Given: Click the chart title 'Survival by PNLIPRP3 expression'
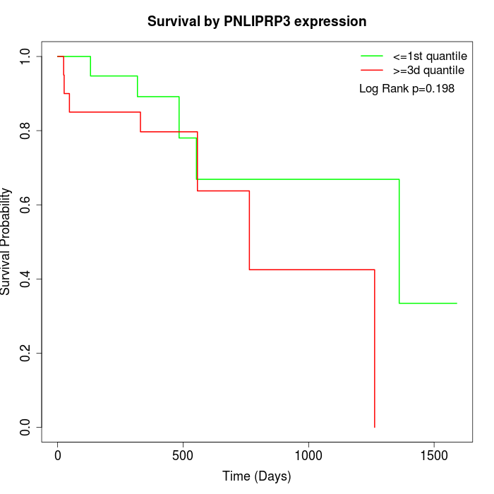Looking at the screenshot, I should coord(257,21).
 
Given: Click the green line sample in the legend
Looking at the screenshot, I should coord(372,56).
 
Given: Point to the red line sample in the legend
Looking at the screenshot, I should coord(372,70).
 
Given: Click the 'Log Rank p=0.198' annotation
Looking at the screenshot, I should coord(406,89).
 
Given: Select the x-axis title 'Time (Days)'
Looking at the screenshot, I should coord(257,476).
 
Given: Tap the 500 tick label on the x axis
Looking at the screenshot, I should coord(183,456).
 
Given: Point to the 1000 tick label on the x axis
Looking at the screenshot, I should coord(308,456).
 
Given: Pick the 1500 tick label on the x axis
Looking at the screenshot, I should coord(434,456).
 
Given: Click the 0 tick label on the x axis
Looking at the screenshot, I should coord(58,456).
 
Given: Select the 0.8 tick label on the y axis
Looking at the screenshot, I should coord(26,131).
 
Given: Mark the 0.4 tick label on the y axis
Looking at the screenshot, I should coord(26,279).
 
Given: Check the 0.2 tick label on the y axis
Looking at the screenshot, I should coord(26,353).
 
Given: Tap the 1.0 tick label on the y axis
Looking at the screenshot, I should coord(26,56).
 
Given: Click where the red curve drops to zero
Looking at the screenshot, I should coord(374,426).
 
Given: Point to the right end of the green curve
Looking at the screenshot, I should coord(457,303).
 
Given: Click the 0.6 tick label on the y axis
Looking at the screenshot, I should coord(26,205).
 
